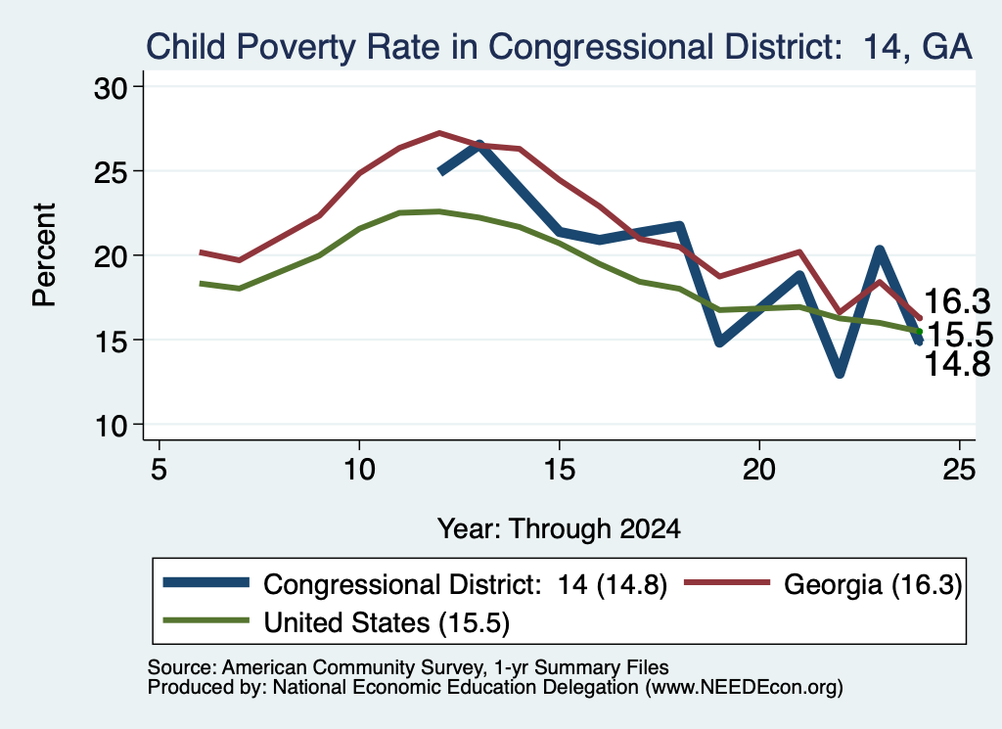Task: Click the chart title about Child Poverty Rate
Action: coord(559,47)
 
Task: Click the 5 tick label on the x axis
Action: coord(159,470)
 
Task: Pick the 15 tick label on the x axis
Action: coord(559,470)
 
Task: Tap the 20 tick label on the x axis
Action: coord(759,470)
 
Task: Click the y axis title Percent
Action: coord(44,255)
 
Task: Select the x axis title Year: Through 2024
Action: coord(559,529)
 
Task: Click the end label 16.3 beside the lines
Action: coord(957,301)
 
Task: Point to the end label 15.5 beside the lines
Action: coord(960,334)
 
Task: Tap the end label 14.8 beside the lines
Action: coord(957,364)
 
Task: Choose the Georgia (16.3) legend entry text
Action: coord(873,584)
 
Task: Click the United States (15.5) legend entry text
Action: coord(387,623)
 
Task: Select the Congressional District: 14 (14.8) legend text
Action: coord(465,584)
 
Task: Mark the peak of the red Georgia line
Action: coord(439,133)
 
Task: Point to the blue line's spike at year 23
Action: coord(880,251)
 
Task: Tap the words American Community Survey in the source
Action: coord(352,667)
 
